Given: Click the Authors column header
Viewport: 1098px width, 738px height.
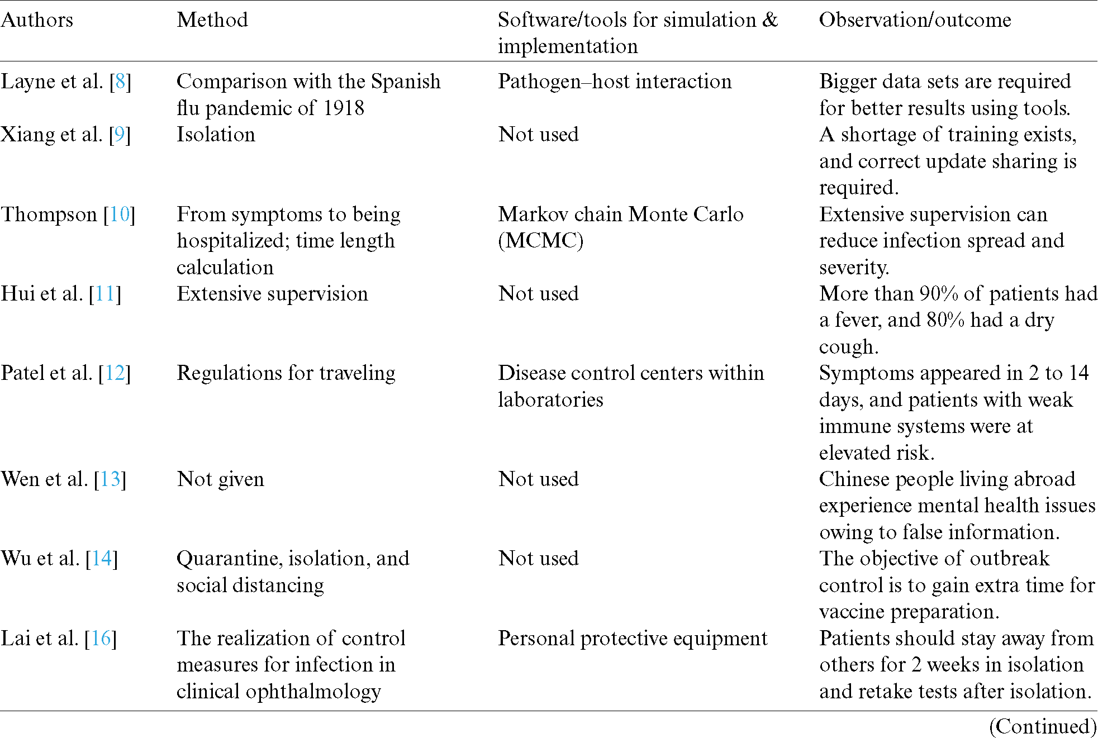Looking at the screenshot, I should coord(37,20).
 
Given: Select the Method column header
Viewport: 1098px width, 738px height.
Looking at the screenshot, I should coord(212,20).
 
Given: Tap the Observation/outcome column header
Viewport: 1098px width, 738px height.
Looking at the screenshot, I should coord(915,20).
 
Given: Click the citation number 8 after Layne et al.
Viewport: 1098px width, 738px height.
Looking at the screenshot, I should coord(120,82).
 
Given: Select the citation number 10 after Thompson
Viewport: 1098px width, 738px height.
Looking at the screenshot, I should coord(120,215).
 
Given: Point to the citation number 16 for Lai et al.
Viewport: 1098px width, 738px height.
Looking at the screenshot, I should coord(101,639).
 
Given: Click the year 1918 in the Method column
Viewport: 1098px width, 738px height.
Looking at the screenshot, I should coord(344,108).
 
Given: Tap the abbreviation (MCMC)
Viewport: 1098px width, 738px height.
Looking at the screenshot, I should coord(540,241).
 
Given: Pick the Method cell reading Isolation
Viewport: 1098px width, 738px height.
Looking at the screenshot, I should coord(216,135).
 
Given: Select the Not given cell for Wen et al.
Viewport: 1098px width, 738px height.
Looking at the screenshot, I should coord(220,479).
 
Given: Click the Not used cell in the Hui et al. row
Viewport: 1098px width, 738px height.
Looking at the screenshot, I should coord(538,294).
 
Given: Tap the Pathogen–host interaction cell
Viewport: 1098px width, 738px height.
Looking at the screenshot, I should coord(615,82).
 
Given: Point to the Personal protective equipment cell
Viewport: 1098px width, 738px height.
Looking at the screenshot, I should coord(633,639).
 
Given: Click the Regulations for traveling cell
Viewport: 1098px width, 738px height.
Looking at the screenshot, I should coord(286,373).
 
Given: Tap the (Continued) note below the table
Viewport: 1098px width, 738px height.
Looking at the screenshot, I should coord(1043,726).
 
